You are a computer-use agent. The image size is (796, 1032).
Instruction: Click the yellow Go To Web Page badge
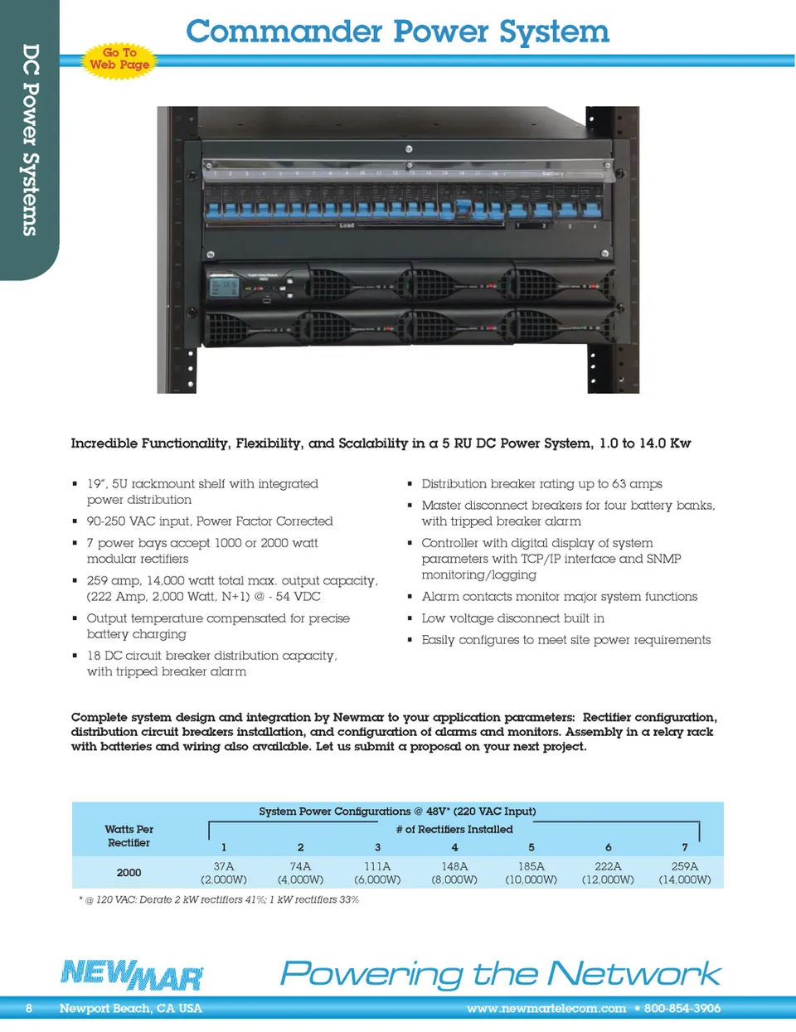(x=119, y=59)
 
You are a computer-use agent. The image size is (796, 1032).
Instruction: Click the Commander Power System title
(x=397, y=31)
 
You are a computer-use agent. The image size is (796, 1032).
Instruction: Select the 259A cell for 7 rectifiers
(x=684, y=873)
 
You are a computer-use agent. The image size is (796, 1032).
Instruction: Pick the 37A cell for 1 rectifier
(x=224, y=873)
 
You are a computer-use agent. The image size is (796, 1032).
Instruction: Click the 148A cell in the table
(x=454, y=873)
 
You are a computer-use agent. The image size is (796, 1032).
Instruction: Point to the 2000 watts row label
(x=129, y=873)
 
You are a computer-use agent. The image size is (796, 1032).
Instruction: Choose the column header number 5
(x=531, y=847)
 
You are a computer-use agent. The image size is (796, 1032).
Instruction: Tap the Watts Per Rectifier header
(x=129, y=836)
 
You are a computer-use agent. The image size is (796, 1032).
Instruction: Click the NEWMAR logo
(x=132, y=975)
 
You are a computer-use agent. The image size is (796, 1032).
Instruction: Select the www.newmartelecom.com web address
(x=546, y=1009)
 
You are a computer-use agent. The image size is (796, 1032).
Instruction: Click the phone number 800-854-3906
(x=682, y=1009)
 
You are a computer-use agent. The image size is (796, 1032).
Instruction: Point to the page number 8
(x=29, y=1009)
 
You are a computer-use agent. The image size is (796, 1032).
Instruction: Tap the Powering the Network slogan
(x=501, y=974)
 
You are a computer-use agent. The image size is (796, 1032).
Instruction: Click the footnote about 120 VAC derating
(x=219, y=900)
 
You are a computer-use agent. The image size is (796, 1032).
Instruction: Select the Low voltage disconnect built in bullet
(x=512, y=618)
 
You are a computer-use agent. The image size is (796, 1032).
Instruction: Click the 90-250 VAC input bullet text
(x=210, y=521)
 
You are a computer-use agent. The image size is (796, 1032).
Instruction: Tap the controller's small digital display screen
(x=226, y=287)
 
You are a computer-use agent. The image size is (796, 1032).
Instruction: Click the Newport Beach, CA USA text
(x=131, y=1009)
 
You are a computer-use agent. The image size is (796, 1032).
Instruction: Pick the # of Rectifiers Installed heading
(x=454, y=829)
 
